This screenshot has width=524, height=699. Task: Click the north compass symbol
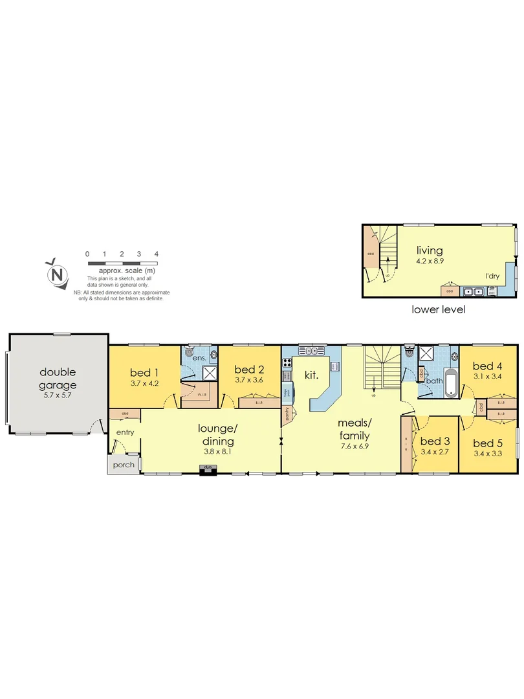click(x=58, y=274)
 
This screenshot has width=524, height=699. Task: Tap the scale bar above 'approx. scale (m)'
click(x=122, y=263)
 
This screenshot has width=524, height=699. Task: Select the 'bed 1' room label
click(x=144, y=372)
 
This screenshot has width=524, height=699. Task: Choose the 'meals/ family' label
click(x=354, y=428)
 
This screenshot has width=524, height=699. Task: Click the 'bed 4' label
click(x=487, y=365)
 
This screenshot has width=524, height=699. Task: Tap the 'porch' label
click(x=123, y=465)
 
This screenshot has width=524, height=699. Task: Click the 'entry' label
click(x=125, y=432)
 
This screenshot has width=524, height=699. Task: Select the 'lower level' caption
click(x=438, y=309)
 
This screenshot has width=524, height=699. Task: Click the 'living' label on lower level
click(x=429, y=250)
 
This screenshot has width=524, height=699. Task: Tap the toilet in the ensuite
click(x=189, y=353)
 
